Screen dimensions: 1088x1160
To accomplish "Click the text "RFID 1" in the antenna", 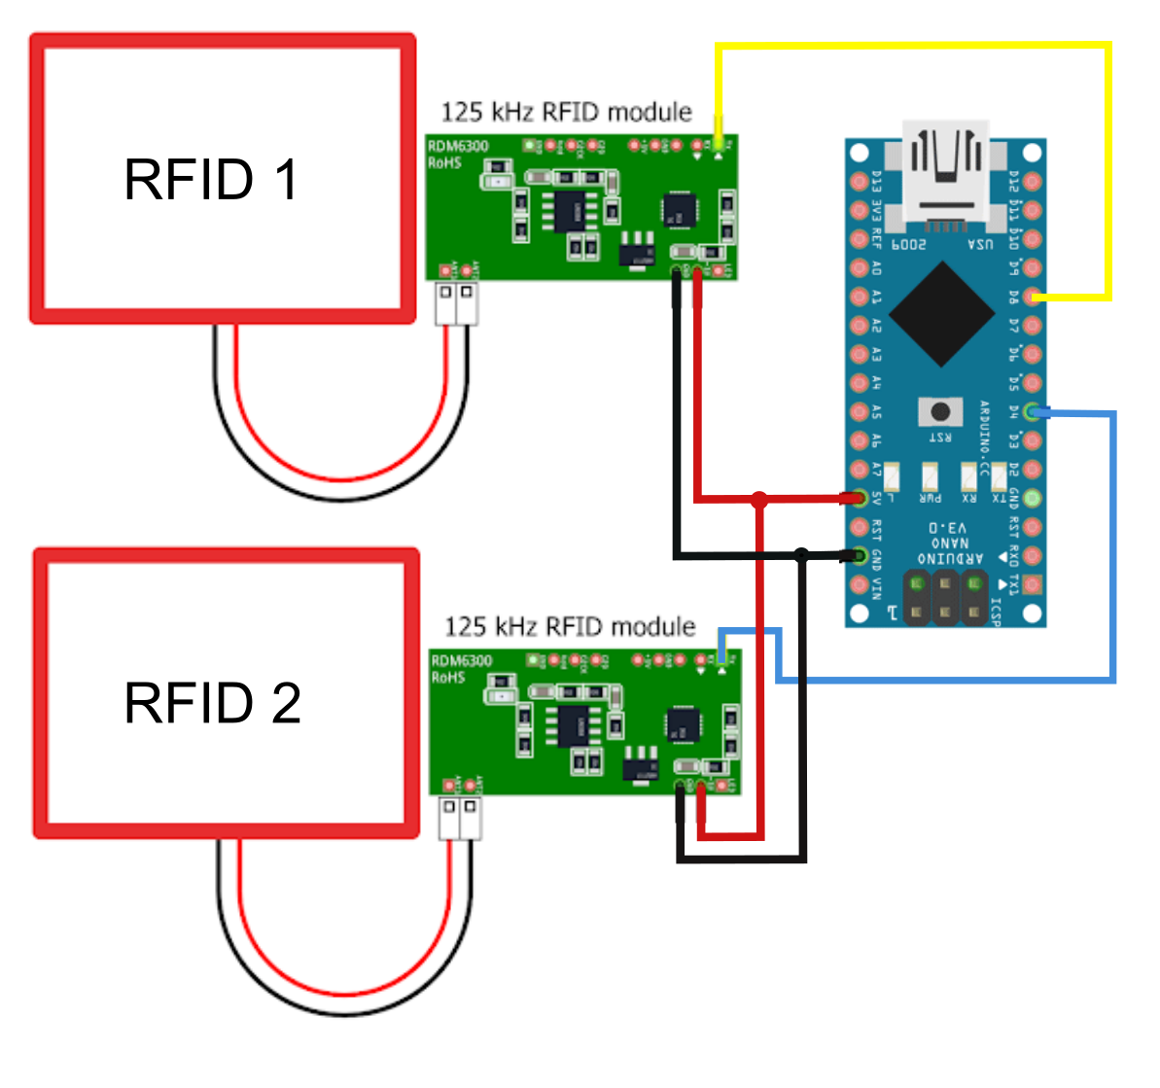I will [x=211, y=180].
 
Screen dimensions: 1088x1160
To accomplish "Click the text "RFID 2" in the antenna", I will [x=213, y=703].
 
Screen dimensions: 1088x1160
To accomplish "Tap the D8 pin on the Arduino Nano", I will [x=1033, y=297].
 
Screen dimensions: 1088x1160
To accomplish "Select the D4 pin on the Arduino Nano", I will [x=1033, y=412].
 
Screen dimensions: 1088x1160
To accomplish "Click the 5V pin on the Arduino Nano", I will [x=859, y=499].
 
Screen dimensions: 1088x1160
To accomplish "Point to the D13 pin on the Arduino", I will [x=859, y=181].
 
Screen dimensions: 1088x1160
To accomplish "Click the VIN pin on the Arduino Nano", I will [x=859, y=585].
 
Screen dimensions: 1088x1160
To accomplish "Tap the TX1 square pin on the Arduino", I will [x=1033, y=585].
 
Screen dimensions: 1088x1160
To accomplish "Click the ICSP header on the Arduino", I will [x=944, y=597].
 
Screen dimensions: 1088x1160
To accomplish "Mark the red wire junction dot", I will [x=759, y=500].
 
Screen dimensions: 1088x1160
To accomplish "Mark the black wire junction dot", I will [x=800, y=555].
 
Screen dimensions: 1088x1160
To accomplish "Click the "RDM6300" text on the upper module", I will [x=458, y=147].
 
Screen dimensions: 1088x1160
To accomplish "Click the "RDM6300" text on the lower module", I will [x=462, y=661].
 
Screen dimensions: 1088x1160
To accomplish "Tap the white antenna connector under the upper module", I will [x=456, y=302].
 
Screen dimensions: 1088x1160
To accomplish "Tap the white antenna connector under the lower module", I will [x=460, y=818].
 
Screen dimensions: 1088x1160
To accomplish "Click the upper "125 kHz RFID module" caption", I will [x=566, y=113].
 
